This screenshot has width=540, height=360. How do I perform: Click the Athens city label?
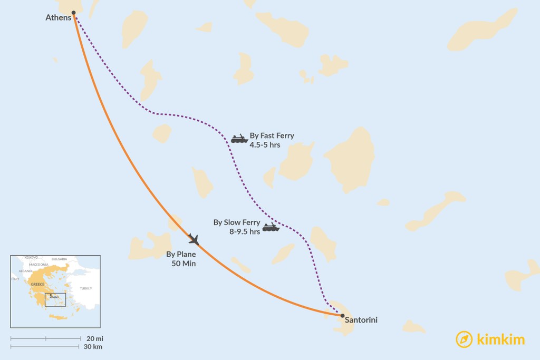coord(58,18)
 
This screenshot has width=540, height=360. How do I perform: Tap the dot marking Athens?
coord(74,12)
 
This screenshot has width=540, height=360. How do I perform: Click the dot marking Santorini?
coord(343,316)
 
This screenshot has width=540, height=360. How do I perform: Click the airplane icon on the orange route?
coord(194,239)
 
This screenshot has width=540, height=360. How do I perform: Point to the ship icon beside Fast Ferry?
coord(239,139)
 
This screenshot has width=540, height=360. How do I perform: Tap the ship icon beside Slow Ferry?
coord(271,227)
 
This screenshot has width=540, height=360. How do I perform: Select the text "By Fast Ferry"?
coord(272,135)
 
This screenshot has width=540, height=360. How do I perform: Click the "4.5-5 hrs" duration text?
coord(265,144)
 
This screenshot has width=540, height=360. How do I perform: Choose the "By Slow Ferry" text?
coord(237,222)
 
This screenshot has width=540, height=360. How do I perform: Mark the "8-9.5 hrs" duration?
coord(245,231)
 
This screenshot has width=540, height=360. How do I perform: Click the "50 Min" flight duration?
coord(184,263)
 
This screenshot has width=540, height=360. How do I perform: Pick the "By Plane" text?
coord(181,254)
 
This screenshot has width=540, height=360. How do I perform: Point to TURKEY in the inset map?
coord(85,288)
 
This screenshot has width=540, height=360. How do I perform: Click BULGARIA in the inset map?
coord(59,259)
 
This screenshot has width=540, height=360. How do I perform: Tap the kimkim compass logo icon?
coord(464,339)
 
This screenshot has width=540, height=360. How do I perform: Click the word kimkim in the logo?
coord(500,339)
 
